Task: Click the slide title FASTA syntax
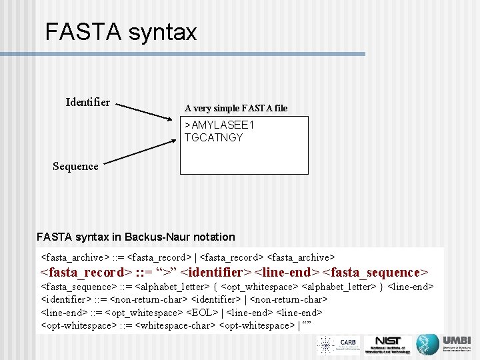click(121, 32)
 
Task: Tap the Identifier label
click(88, 102)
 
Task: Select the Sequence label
click(75, 166)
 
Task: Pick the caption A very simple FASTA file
click(236, 108)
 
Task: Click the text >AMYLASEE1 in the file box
click(220, 125)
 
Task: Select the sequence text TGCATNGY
click(214, 138)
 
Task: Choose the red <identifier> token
click(216, 272)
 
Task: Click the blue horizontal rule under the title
click(201, 54)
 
